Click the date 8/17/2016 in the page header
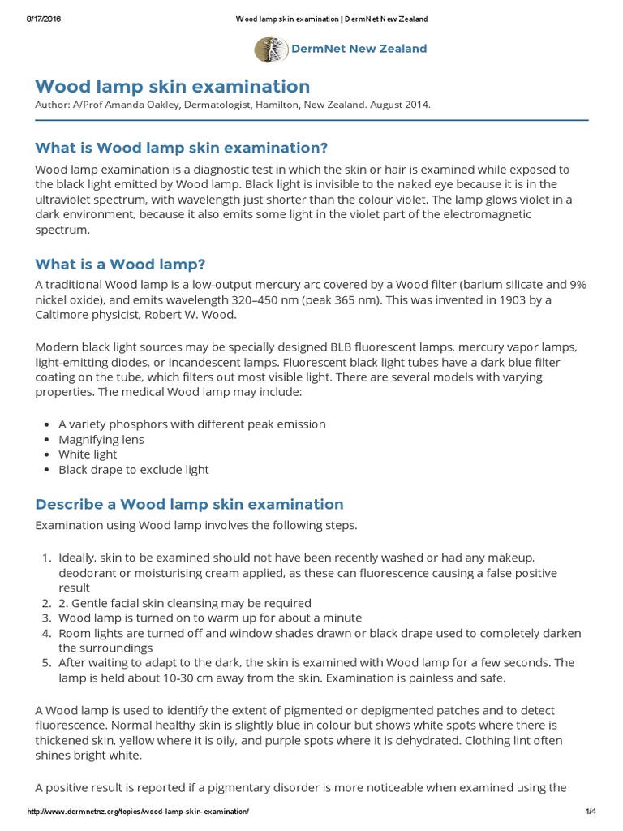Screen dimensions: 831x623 (36, 19)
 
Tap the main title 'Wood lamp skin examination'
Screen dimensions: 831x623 (172, 86)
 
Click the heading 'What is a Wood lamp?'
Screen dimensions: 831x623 (120, 265)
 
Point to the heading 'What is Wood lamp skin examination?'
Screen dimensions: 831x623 (181, 148)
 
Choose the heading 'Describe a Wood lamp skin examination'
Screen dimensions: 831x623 (189, 504)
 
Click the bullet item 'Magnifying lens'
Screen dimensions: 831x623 (101, 439)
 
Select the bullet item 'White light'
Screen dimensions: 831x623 (88, 454)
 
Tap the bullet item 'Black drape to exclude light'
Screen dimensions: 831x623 (133, 469)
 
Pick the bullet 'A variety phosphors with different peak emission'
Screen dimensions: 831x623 (191, 424)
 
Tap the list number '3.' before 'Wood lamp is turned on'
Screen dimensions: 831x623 (46, 618)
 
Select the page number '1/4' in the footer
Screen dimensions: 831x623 (590, 812)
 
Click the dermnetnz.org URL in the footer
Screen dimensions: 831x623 (138, 812)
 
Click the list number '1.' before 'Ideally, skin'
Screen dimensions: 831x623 (46, 558)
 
